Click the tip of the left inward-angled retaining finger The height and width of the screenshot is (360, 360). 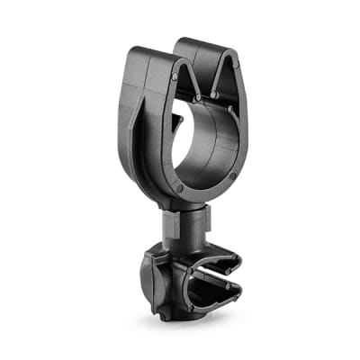coord(195,94)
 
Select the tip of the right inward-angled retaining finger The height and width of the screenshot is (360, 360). coord(215,92)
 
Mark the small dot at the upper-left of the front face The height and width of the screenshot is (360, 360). coord(174,78)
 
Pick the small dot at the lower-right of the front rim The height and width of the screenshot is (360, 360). coord(231,175)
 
